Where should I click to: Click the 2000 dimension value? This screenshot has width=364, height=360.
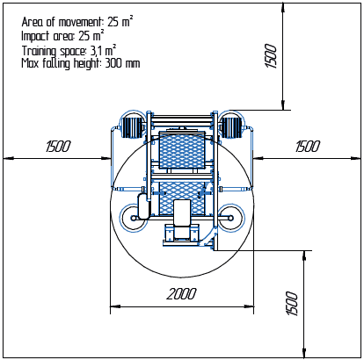click(182, 293)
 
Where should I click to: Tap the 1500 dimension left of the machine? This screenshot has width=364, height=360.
click(58, 147)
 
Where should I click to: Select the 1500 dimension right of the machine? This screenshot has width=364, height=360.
click(308, 147)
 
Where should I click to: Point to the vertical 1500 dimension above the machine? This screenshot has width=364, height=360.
click(271, 56)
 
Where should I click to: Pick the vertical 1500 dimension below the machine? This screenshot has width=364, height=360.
click(292, 304)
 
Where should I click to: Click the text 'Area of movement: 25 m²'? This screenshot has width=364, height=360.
click(77, 22)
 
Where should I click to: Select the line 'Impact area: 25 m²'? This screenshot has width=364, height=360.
click(62, 36)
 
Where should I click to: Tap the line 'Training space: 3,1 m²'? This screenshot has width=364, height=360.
click(69, 50)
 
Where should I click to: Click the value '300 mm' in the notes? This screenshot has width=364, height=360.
click(122, 63)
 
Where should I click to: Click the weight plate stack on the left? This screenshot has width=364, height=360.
click(134, 126)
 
